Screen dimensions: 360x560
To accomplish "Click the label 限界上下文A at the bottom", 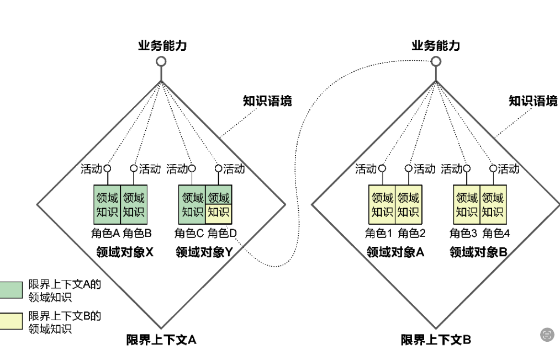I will [x=161, y=340].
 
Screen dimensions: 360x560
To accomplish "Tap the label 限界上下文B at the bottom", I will [x=436, y=340].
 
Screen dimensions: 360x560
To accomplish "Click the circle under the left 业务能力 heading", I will [x=161, y=61].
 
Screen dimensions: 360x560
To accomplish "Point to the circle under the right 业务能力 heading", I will [x=436, y=61].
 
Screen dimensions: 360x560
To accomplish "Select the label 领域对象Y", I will [x=204, y=252].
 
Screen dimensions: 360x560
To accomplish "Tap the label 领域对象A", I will [x=395, y=252].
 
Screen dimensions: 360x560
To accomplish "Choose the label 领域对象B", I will [x=478, y=252].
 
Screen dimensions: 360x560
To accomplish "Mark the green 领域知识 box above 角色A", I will [x=107, y=204].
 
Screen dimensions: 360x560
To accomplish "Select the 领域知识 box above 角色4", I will [x=493, y=204].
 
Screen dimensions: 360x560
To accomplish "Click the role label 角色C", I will [x=189, y=234].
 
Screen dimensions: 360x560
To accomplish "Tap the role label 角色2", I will [x=411, y=234].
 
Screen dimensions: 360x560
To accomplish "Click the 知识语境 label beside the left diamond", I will [x=267, y=101].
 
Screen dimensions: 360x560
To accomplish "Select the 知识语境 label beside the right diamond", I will [x=532, y=101].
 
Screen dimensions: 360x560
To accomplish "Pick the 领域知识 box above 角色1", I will [x=382, y=204].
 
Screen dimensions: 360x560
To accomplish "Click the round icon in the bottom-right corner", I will [x=547, y=334].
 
